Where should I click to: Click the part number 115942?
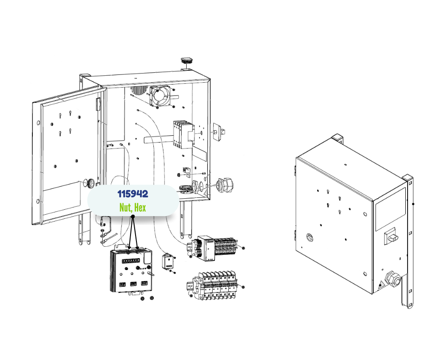(x=132, y=194)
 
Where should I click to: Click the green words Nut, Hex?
(x=132, y=208)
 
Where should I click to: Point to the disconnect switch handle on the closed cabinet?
(x=391, y=237)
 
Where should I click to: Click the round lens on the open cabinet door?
(x=91, y=183)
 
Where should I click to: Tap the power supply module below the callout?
(x=131, y=272)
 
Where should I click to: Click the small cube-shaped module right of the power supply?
(x=168, y=261)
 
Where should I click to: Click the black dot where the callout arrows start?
(x=132, y=218)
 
